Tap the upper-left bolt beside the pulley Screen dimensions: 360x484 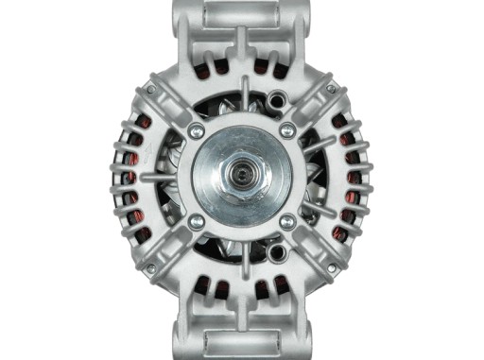click(196, 130)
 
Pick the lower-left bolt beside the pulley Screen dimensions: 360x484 click(196, 222)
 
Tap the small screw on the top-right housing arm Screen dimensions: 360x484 click(330, 89)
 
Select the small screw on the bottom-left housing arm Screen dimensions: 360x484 click(149, 268)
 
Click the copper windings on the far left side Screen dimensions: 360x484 click(128, 180)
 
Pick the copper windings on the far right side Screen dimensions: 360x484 click(355, 180)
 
